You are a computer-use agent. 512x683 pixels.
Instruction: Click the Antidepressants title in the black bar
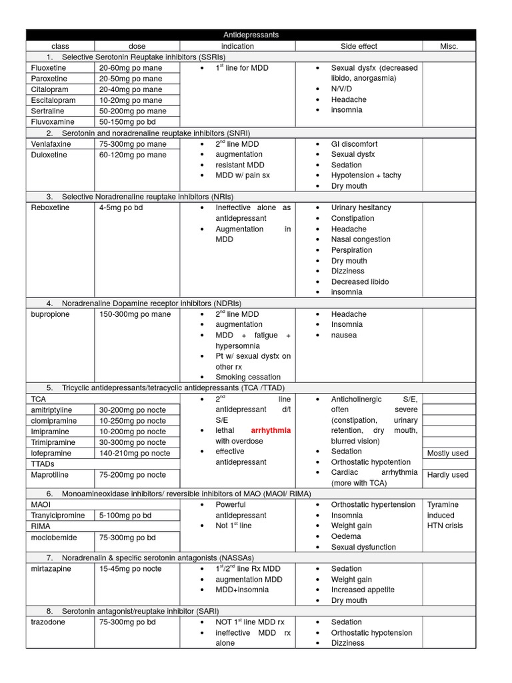point(251,35)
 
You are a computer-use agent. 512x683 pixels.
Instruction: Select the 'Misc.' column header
point(449,46)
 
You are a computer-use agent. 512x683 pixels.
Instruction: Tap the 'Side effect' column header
point(359,46)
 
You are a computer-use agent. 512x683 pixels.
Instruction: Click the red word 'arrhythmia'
point(271,431)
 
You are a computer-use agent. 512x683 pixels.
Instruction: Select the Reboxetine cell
point(50,207)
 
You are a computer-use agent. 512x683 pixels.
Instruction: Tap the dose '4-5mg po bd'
point(121,207)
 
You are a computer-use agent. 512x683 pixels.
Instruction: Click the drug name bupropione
point(50,314)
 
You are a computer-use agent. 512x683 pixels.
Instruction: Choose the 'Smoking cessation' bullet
point(248,377)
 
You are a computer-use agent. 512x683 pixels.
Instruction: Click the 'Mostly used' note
point(447,454)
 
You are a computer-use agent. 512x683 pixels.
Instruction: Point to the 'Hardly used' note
point(447,475)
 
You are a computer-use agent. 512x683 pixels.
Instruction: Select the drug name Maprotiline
point(51,475)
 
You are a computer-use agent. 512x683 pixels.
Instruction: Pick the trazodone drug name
point(49,622)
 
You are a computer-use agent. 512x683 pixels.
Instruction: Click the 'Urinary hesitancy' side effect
point(361,207)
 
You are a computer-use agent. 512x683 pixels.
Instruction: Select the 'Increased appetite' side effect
point(363,590)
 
